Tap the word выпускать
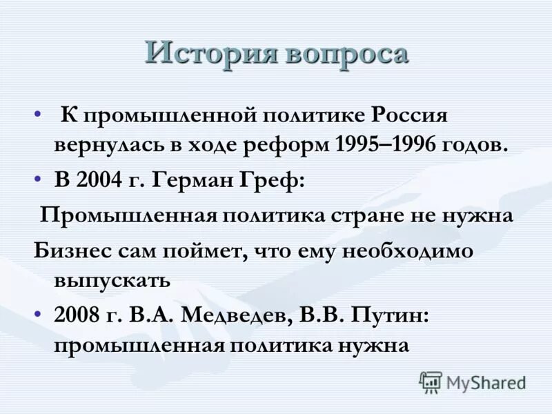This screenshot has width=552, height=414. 111,280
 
